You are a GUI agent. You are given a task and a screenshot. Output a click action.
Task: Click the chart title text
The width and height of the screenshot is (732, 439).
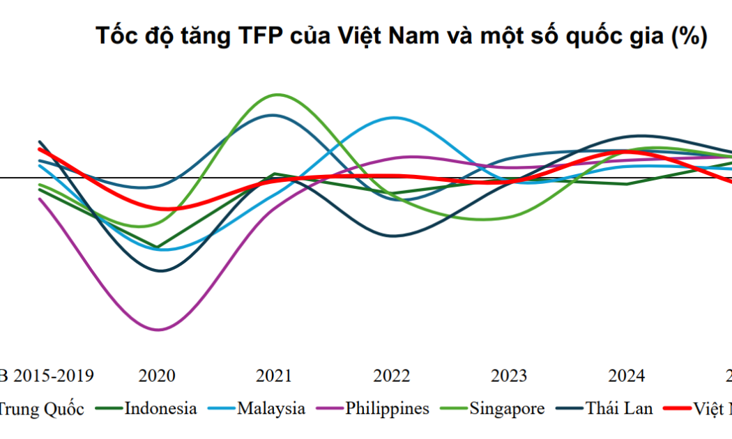tap(402, 36)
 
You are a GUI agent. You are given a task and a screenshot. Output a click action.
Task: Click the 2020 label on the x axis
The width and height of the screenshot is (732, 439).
tap(158, 376)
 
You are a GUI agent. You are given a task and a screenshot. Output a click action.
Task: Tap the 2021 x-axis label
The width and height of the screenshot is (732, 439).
tap(274, 376)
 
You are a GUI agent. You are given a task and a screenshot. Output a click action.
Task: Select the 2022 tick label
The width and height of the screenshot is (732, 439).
tap(392, 376)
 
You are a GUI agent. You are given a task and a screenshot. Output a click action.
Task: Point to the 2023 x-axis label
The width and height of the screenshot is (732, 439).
tap(509, 376)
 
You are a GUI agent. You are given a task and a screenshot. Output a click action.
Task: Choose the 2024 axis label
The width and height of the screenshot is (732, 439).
tap(626, 376)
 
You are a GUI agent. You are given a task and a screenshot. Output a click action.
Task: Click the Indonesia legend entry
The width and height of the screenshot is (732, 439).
tap(160, 408)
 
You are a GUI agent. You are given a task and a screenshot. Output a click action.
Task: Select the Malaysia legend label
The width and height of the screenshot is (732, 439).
tap(270, 408)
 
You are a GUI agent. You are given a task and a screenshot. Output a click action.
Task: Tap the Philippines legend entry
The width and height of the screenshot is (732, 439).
tap(387, 408)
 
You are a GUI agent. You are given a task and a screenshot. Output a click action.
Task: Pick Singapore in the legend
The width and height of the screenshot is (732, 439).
tap(507, 408)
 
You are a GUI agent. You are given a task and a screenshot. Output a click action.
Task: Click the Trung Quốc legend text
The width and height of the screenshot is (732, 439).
tap(40, 408)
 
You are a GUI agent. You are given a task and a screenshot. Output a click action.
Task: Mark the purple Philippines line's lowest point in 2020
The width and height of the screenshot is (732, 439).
tap(158, 330)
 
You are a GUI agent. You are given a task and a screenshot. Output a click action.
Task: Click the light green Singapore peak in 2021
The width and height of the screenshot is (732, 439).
tap(278, 94)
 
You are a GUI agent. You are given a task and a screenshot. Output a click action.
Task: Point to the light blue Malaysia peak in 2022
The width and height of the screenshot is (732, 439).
tap(394, 118)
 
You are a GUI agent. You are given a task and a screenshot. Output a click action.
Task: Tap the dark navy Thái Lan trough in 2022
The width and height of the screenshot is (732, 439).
tap(392, 236)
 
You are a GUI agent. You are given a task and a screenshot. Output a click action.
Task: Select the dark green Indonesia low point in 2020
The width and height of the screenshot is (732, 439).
tap(158, 247)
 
